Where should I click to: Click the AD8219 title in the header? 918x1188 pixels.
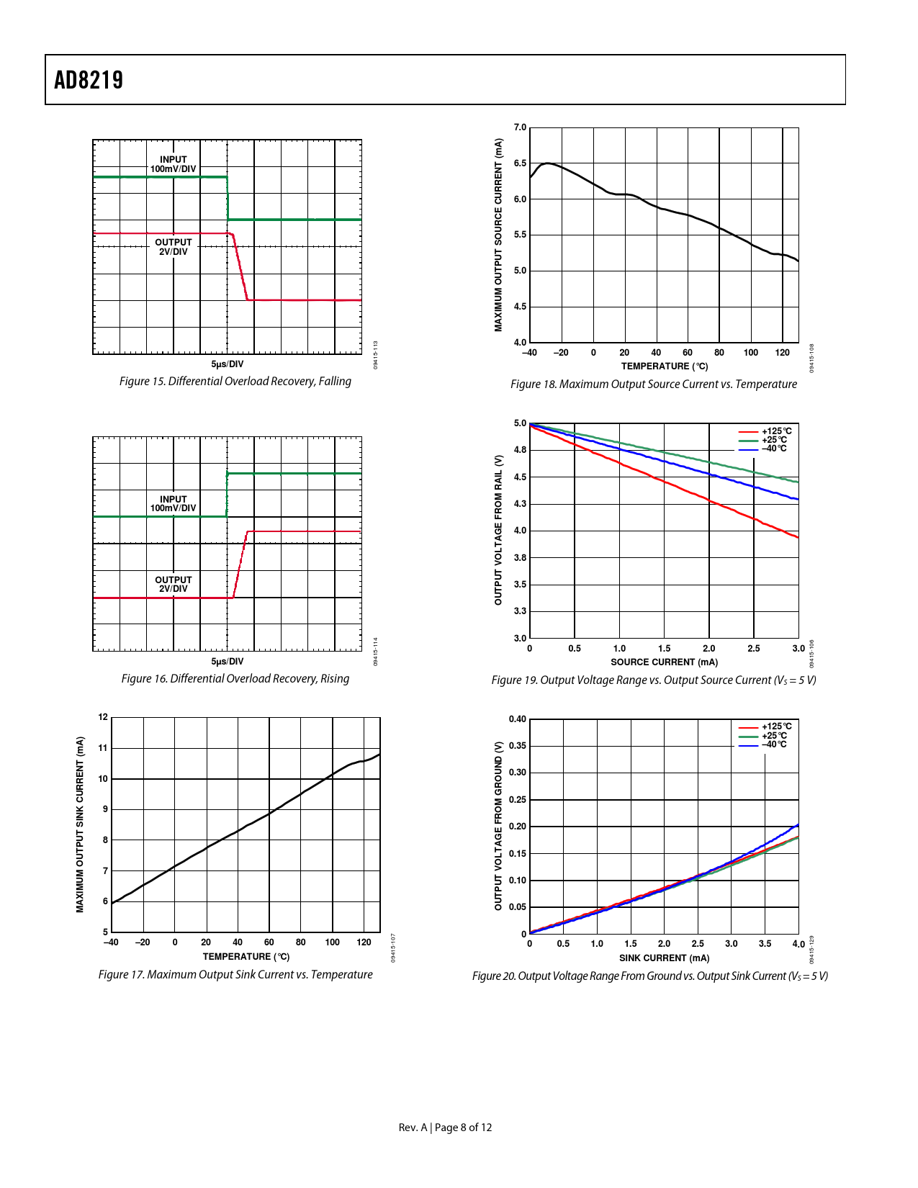[x=89, y=80]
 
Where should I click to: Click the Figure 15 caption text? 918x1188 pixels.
[x=235, y=382]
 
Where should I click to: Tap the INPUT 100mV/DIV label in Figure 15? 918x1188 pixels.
[x=173, y=164]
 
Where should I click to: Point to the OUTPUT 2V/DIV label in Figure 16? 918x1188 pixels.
[x=173, y=584]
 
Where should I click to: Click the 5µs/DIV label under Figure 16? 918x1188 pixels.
[x=227, y=661]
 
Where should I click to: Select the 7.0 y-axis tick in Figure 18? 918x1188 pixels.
[x=520, y=127]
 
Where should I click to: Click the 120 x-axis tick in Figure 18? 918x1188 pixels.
[x=782, y=353]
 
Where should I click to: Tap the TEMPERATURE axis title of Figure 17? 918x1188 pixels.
[x=246, y=957]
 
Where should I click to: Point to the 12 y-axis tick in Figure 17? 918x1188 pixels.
[x=103, y=717]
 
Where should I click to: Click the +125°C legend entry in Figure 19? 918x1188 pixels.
[x=776, y=431]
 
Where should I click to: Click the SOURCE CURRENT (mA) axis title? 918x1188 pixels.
[x=664, y=662]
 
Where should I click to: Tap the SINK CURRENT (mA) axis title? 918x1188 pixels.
[x=664, y=958]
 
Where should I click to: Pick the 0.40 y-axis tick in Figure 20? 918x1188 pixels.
[x=517, y=719]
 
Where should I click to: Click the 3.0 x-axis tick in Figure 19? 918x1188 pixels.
[x=798, y=649]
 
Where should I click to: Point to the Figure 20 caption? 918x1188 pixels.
[x=649, y=976]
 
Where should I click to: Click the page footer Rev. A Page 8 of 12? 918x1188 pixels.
[x=445, y=1128]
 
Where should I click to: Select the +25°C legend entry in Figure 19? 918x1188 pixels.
[x=774, y=440]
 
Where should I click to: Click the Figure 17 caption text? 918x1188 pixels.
[x=235, y=975]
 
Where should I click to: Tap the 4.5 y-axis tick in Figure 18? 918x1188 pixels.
[x=520, y=307]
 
